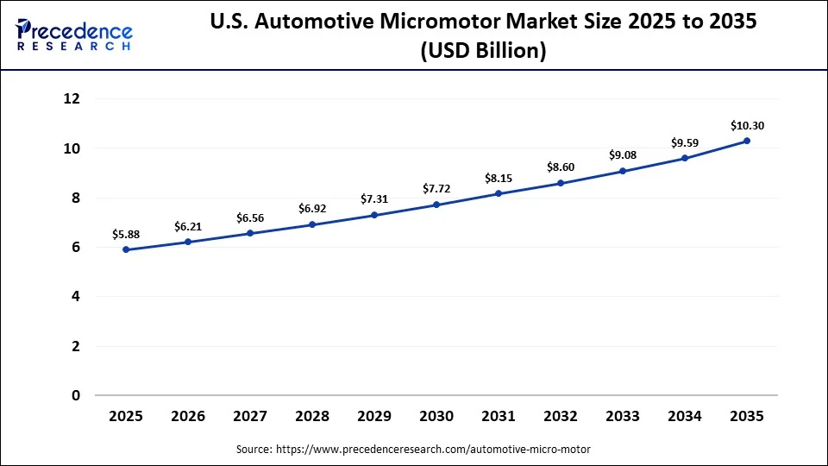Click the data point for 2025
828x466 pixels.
[x=126, y=249]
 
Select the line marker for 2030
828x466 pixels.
[x=436, y=205]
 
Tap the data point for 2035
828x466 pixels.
[x=747, y=141]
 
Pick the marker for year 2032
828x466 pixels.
[x=561, y=183]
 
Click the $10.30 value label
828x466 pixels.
[x=747, y=126]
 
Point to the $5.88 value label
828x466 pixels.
[x=126, y=234]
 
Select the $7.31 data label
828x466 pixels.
[x=374, y=198]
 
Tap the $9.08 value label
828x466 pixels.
[x=623, y=155]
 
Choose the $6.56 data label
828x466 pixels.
[x=250, y=217]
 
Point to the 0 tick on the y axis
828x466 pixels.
[x=76, y=395]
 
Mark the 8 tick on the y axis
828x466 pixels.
[x=76, y=198]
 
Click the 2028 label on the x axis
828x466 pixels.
[x=312, y=416]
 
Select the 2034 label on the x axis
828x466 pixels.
[x=685, y=416]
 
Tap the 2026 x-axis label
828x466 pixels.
[x=188, y=416]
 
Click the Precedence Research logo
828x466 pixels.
[x=74, y=35]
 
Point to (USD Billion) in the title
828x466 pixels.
[x=483, y=52]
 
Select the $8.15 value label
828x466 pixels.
[x=499, y=178]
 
